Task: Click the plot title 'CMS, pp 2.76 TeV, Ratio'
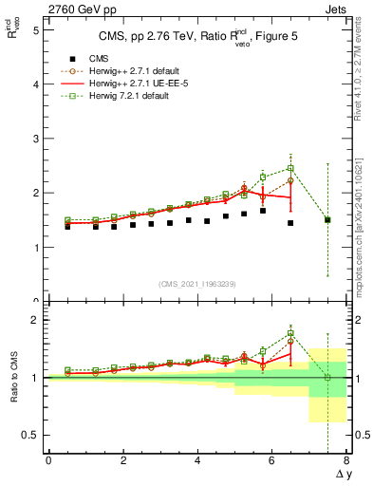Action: (152, 37)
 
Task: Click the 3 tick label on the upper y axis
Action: (36, 139)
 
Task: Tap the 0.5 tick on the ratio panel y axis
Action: (31, 436)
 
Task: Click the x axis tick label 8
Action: (346, 461)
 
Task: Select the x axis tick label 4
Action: (197, 461)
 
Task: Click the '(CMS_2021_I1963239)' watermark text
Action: (197, 283)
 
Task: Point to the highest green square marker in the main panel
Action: (290, 168)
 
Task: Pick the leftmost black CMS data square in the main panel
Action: (67, 227)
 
